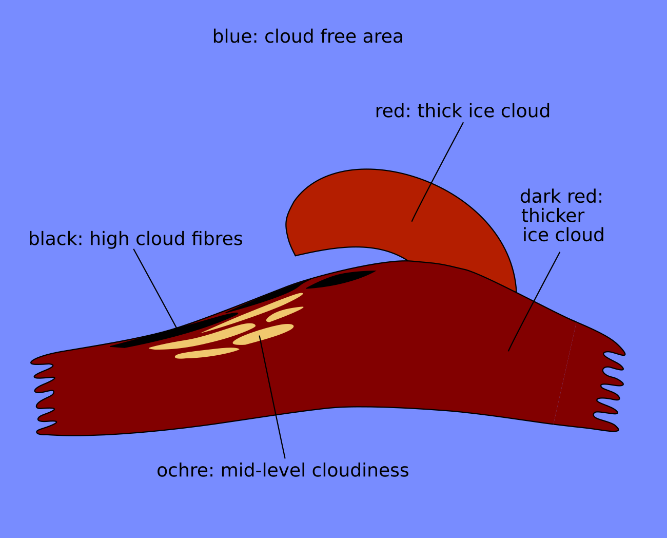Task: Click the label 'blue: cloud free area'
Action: (x=308, y=37)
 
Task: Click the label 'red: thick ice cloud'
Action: (x=462, y=111)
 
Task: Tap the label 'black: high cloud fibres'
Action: (x=135, y=239)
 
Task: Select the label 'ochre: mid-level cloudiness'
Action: (x=283, y=471)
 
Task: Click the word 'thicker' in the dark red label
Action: (x=553, y=216)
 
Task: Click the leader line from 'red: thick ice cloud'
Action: (x=437, y=172)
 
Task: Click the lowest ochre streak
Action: (x=207, y=353)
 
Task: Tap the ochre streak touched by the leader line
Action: (x=263, y=334)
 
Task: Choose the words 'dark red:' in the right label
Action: (x=561, y=197)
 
